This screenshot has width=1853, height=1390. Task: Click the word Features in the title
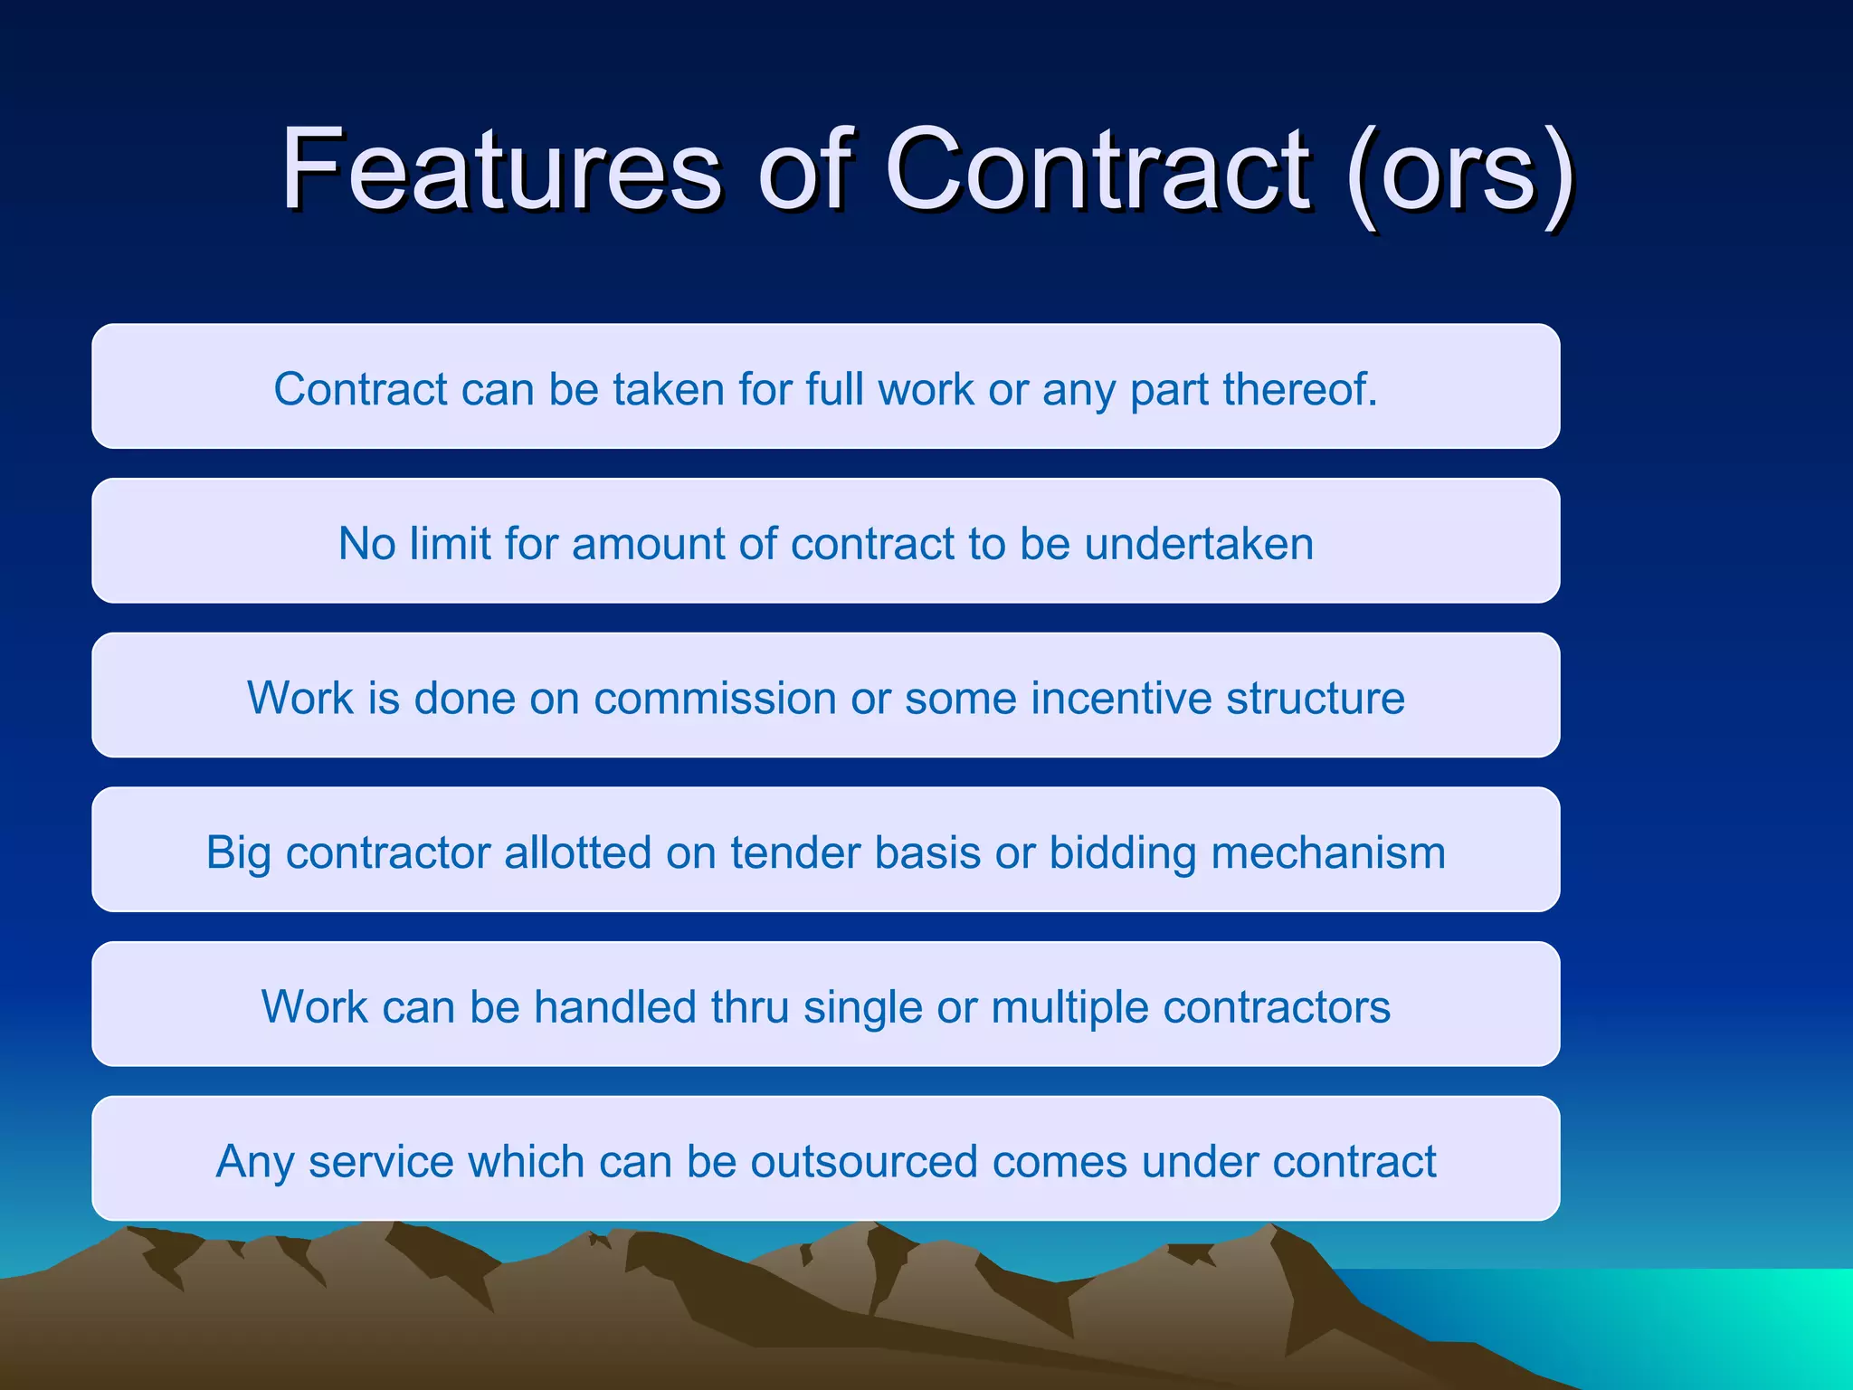pyautogui.click(x=501, y=169)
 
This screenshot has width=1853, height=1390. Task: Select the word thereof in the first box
pyautogui.click(x=1299, y=389)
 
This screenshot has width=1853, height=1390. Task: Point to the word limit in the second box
pyautogui.click(x=450, y=544)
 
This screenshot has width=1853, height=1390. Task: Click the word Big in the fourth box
pyautogui.click(x=238, y=853)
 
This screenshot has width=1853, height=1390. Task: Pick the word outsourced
pyautogui.click(x=864, y=1162)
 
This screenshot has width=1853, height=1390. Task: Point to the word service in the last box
pyautogui.click(x=380, y=1162)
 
